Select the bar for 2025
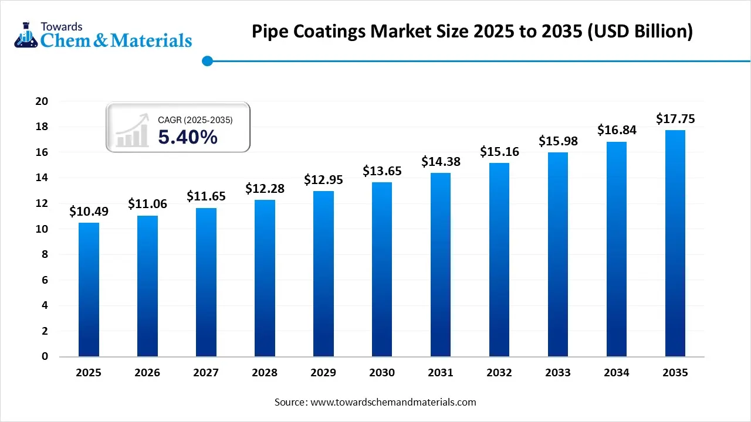point(89,290)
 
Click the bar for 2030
point(382,269)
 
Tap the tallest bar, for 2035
point(675,243)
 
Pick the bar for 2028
point(265,278)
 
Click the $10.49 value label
point(89,212)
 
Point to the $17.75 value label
point(675,119)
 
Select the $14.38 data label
point(441,162)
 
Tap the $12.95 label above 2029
point(323,180)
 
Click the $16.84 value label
point(617,131)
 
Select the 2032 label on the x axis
point(499,373)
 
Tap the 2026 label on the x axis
point(147,373)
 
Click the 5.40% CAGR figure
point(188,137)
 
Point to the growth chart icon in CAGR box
point(131,131)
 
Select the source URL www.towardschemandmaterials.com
point(393,402)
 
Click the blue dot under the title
point(207,60)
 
